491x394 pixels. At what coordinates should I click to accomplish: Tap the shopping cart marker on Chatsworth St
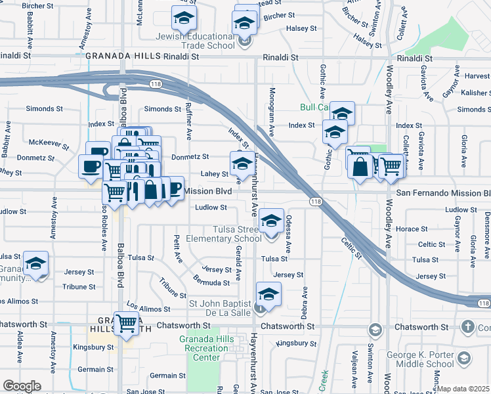click(126, 323)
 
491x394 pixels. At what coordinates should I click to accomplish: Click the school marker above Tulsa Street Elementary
click(270, 221)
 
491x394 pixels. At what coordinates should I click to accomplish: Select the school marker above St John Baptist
click(268, 295)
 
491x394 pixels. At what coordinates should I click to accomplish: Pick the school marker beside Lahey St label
click(242, 164)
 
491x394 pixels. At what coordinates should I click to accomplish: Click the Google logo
click(22, 386)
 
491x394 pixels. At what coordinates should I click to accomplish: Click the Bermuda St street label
click(211, 283)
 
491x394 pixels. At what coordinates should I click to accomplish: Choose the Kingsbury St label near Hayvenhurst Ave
click(296, 343)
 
